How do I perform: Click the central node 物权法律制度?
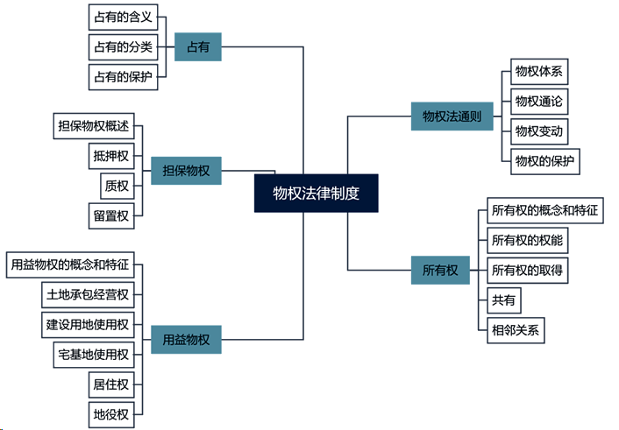click(x=317, y=193)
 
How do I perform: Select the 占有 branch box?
click(x=197, y=47)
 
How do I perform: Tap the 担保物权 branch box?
click(x=185, y=171)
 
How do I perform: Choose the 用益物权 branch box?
click(x=185, y=337)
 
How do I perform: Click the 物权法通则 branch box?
click(x=452, y=116)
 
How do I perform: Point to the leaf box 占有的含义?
click(x=123, y=18)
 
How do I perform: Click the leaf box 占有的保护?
click(x=123, y=77)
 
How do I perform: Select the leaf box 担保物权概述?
click(x=92, y=127)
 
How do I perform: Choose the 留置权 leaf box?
click(x=111, y=215)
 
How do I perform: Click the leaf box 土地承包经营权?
click(x=88, y=294)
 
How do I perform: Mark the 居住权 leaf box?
click(x=111, y=384)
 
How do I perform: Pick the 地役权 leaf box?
click(x=111, y=413)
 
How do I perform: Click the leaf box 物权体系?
click(x=538, y=71)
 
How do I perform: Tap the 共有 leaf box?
click(x=504, y=301)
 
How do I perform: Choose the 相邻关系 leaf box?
click(x=517, y=331)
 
